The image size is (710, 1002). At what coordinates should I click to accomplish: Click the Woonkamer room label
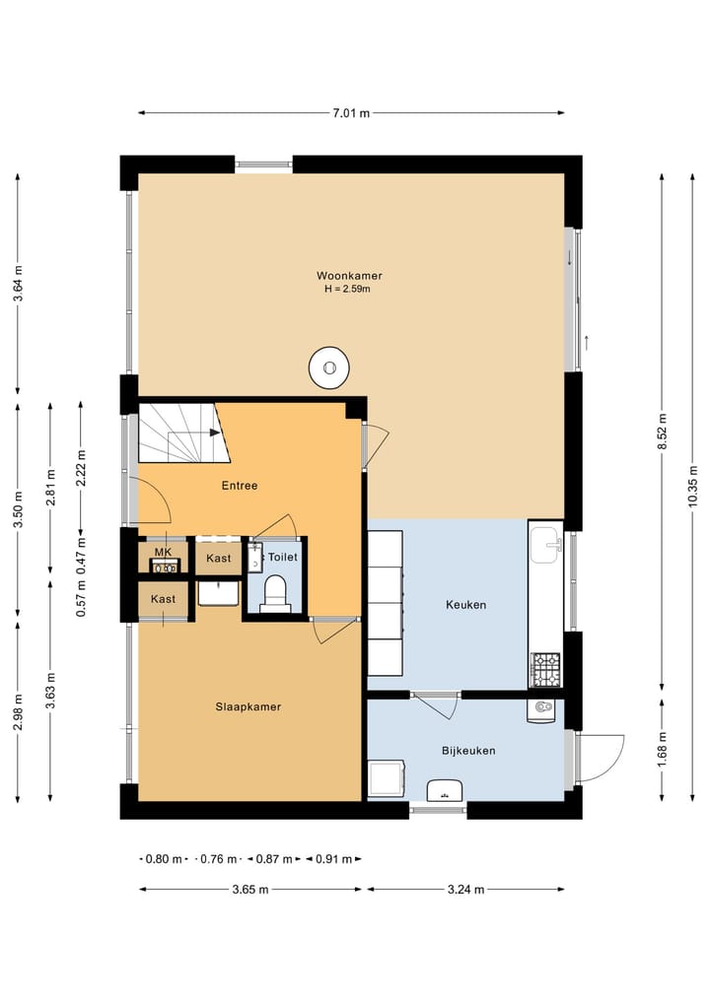[x=349, y=276]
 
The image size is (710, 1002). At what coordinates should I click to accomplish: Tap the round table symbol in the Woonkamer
[x=328, y=367]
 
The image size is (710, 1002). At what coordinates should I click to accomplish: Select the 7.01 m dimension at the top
[x=350, y=113]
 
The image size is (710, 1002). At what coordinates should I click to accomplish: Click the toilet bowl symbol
[x=276, y=592]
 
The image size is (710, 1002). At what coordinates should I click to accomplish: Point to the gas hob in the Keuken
[x=545, y=669]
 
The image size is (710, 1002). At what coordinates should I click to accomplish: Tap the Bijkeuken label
[x=468, y=750]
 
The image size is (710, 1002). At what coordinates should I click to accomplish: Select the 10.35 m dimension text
[x=692, y=487]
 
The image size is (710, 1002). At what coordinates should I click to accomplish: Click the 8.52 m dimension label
[x=662, y=432]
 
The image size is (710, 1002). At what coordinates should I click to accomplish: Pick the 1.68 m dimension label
[x=662, y=749]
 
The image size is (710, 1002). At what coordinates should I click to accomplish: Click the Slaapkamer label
[x=248, y=706]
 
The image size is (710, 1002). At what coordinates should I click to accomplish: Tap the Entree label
[x=240, y=486]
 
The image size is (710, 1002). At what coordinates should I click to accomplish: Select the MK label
[x=163, y=552]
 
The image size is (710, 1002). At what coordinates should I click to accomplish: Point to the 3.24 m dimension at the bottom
[x=465, y=889]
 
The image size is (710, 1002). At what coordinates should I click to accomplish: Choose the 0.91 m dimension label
[x=333, y=859]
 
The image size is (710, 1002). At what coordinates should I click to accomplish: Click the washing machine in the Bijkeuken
[x=387, y=778]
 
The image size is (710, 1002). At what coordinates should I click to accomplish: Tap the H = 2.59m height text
[x=347, y=289]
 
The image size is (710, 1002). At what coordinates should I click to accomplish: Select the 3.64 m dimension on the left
[x=18, y=283]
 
